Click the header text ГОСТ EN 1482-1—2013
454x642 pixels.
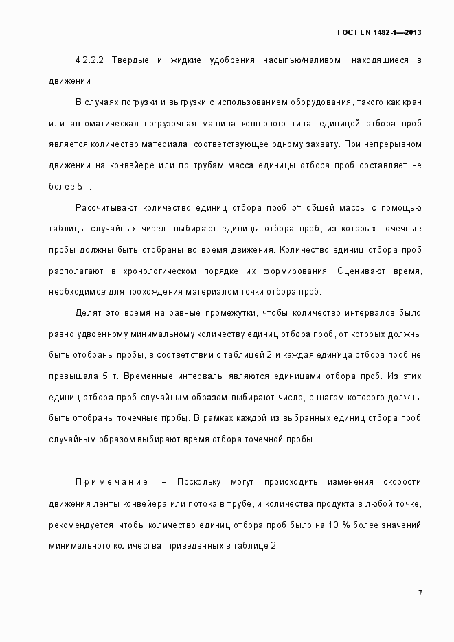(x=379, y=32)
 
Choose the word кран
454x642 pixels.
(x=411, y=103)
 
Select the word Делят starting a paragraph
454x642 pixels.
(x=87, y=313)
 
